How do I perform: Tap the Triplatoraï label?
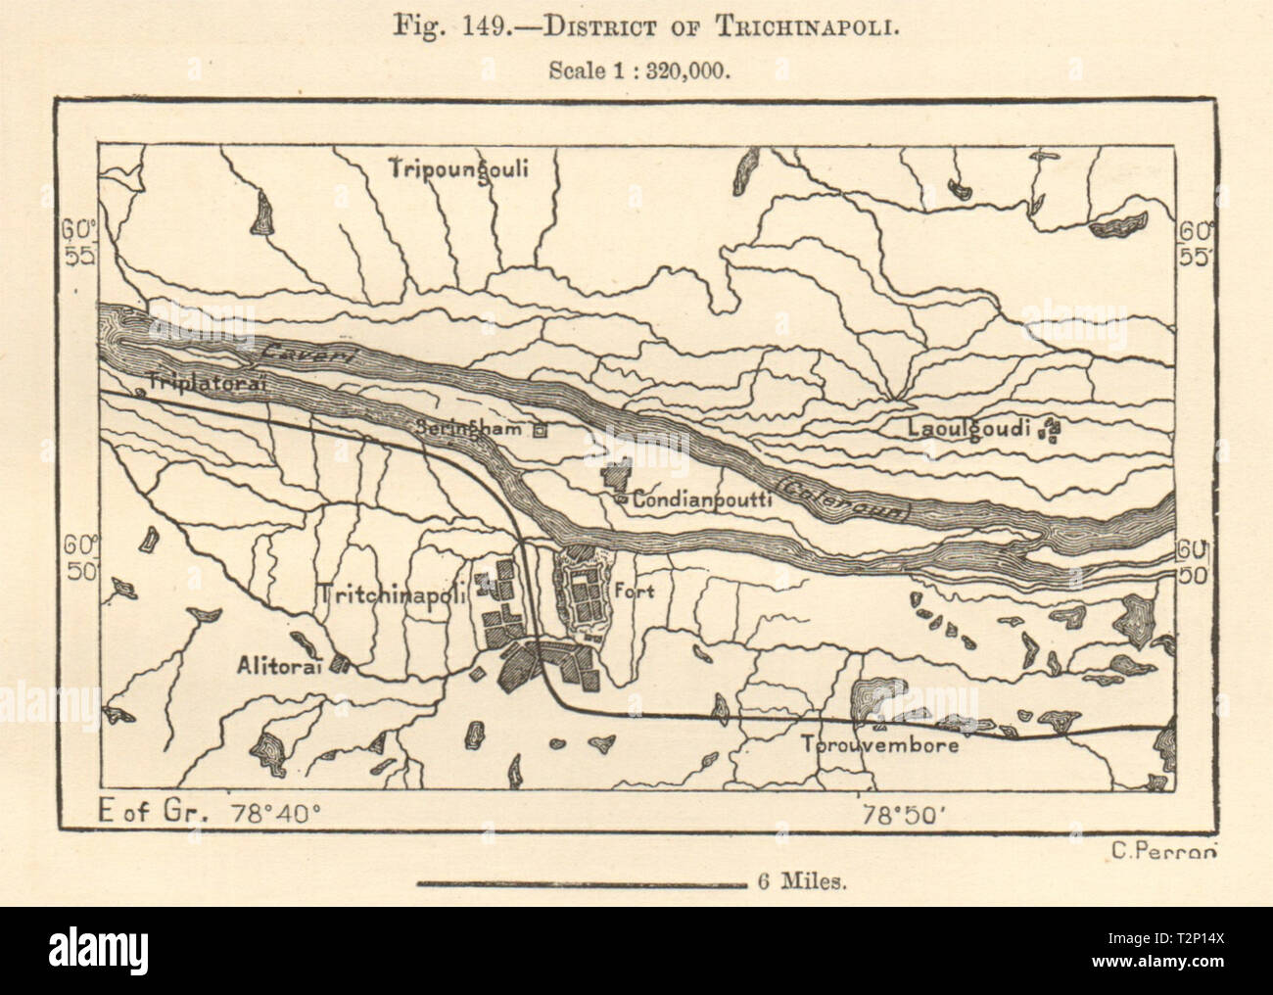point(207,382)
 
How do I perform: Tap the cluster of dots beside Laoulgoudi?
point(1052,429)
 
